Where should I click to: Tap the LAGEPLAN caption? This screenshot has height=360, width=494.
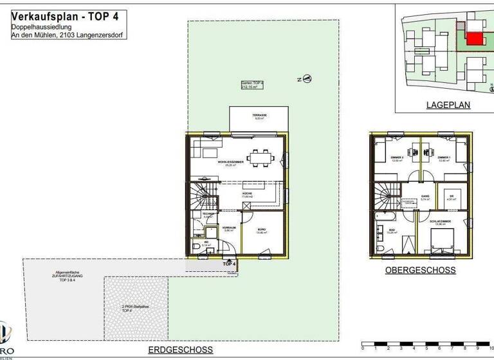click(448, 104)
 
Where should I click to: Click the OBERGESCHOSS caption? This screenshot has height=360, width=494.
click(420, 271)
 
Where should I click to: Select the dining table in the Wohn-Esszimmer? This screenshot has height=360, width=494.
click(260, 156)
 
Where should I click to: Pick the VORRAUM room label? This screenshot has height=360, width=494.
click(230, 228)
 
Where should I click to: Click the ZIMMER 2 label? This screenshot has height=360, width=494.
click(396, 157)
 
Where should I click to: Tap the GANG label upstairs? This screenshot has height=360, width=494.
click(425, 197)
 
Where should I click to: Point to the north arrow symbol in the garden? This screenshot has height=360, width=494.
click(307, 79)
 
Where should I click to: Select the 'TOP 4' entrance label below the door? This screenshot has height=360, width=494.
click(229, 264)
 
